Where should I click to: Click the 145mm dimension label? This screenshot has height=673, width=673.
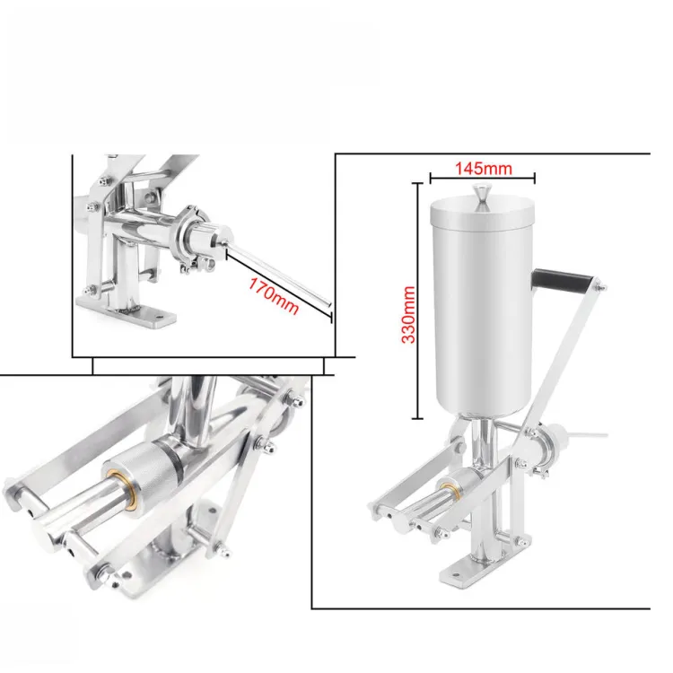(484, 169)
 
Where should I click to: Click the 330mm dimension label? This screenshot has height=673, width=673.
(408, 315)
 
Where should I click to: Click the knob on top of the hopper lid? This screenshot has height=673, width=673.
(482, 197)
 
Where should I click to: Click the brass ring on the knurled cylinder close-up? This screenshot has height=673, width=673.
(129, 490)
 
